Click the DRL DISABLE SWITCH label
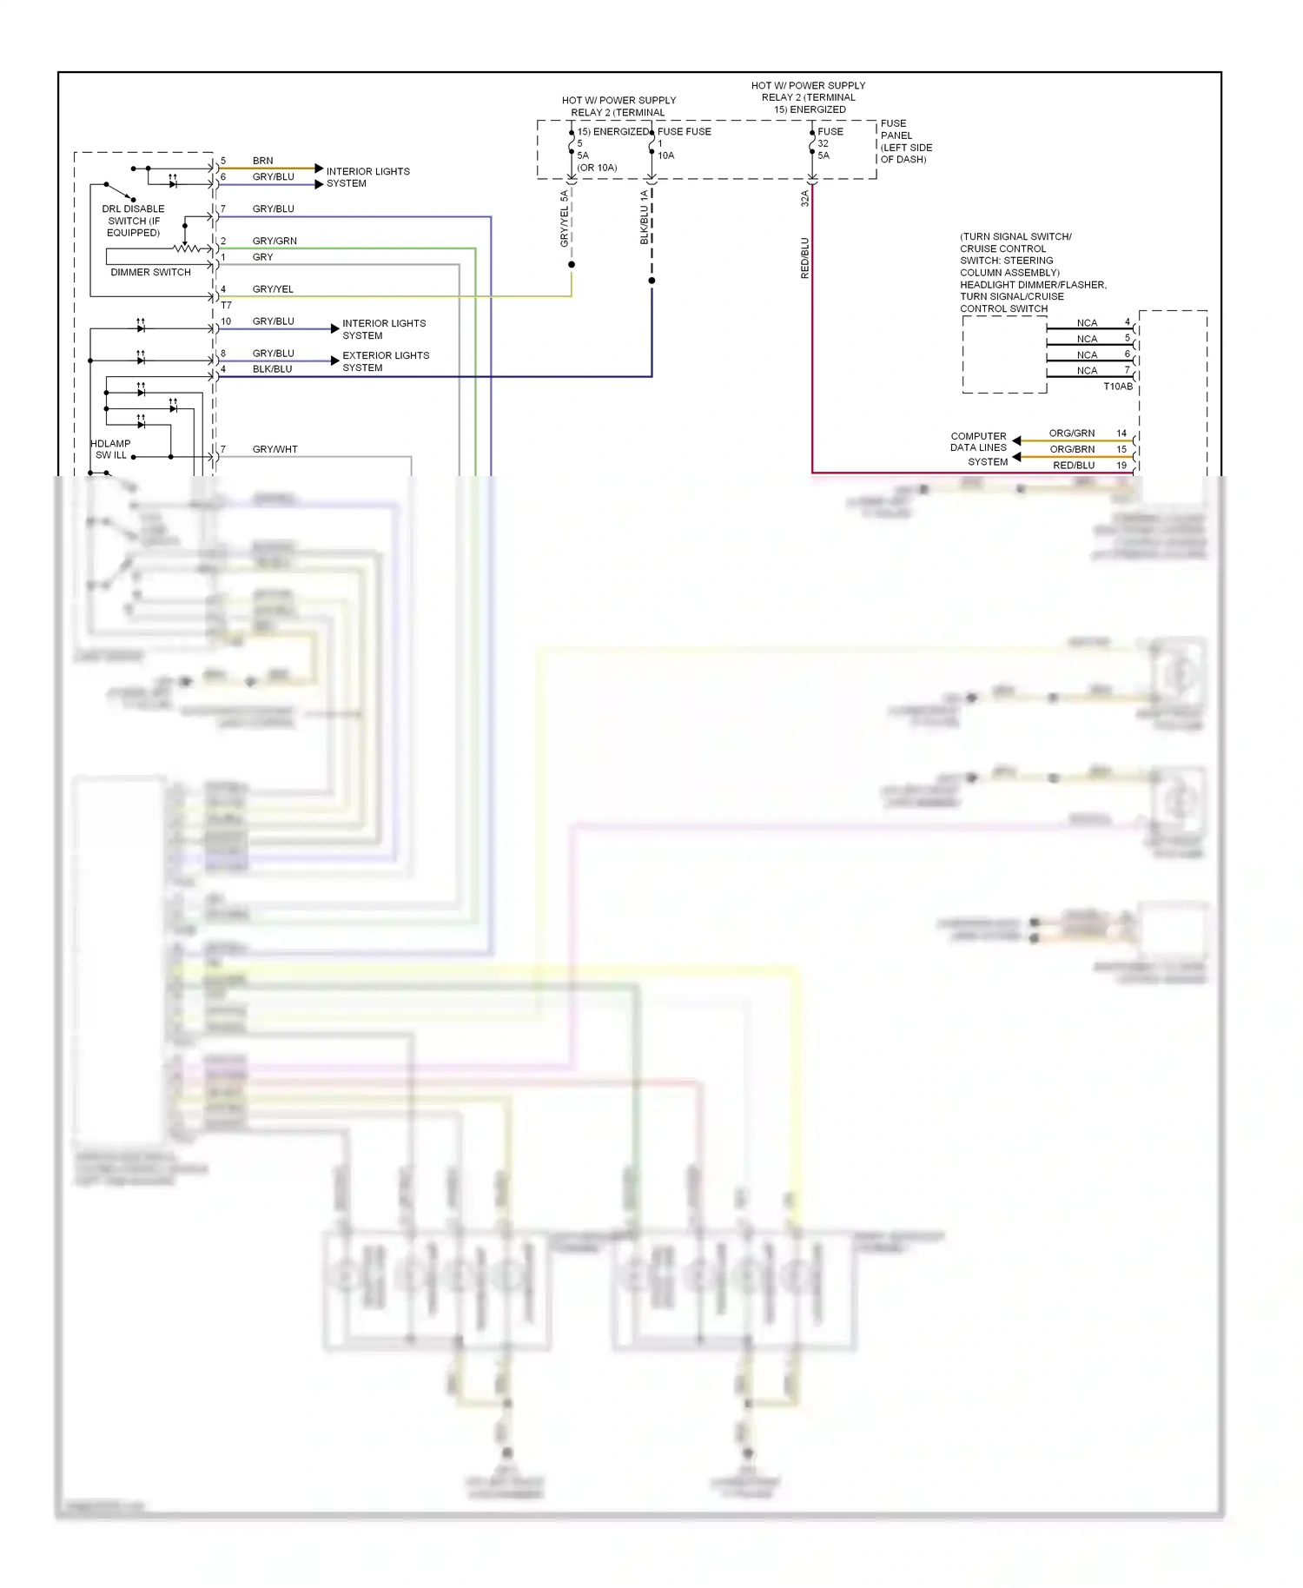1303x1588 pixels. (x=133, y=221)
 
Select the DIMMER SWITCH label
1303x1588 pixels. (x=150, y=272)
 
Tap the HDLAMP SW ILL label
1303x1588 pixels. (x=110, y=449)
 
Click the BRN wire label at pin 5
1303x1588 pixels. (x=262, y=161)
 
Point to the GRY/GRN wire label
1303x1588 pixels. (x=274, y=241)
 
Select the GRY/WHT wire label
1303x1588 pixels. (x=274, y=449)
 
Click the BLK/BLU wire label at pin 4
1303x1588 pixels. (x=272, y=369)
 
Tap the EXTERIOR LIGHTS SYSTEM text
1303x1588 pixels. (x=386, y=361)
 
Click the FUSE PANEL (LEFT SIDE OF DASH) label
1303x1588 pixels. (x=905, y=142)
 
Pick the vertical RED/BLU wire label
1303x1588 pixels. (x=804, y=257)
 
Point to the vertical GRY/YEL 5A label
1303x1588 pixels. (x=564, y=218)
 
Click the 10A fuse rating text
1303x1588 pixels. (x=665, y=155)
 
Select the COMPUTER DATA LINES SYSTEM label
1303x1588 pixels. (x=979, y=448)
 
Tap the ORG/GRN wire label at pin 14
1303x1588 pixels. (x=1071, y=433)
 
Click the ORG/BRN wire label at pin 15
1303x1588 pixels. (x=1071, y=449)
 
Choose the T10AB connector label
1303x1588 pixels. (x=1117, y=387)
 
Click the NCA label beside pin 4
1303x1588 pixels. (x=1087, y=323)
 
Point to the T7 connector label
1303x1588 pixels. (x=226, y=306)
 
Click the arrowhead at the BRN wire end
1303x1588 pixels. (x=319, y=168)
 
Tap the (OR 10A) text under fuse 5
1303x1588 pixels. (x=597, y=168)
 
